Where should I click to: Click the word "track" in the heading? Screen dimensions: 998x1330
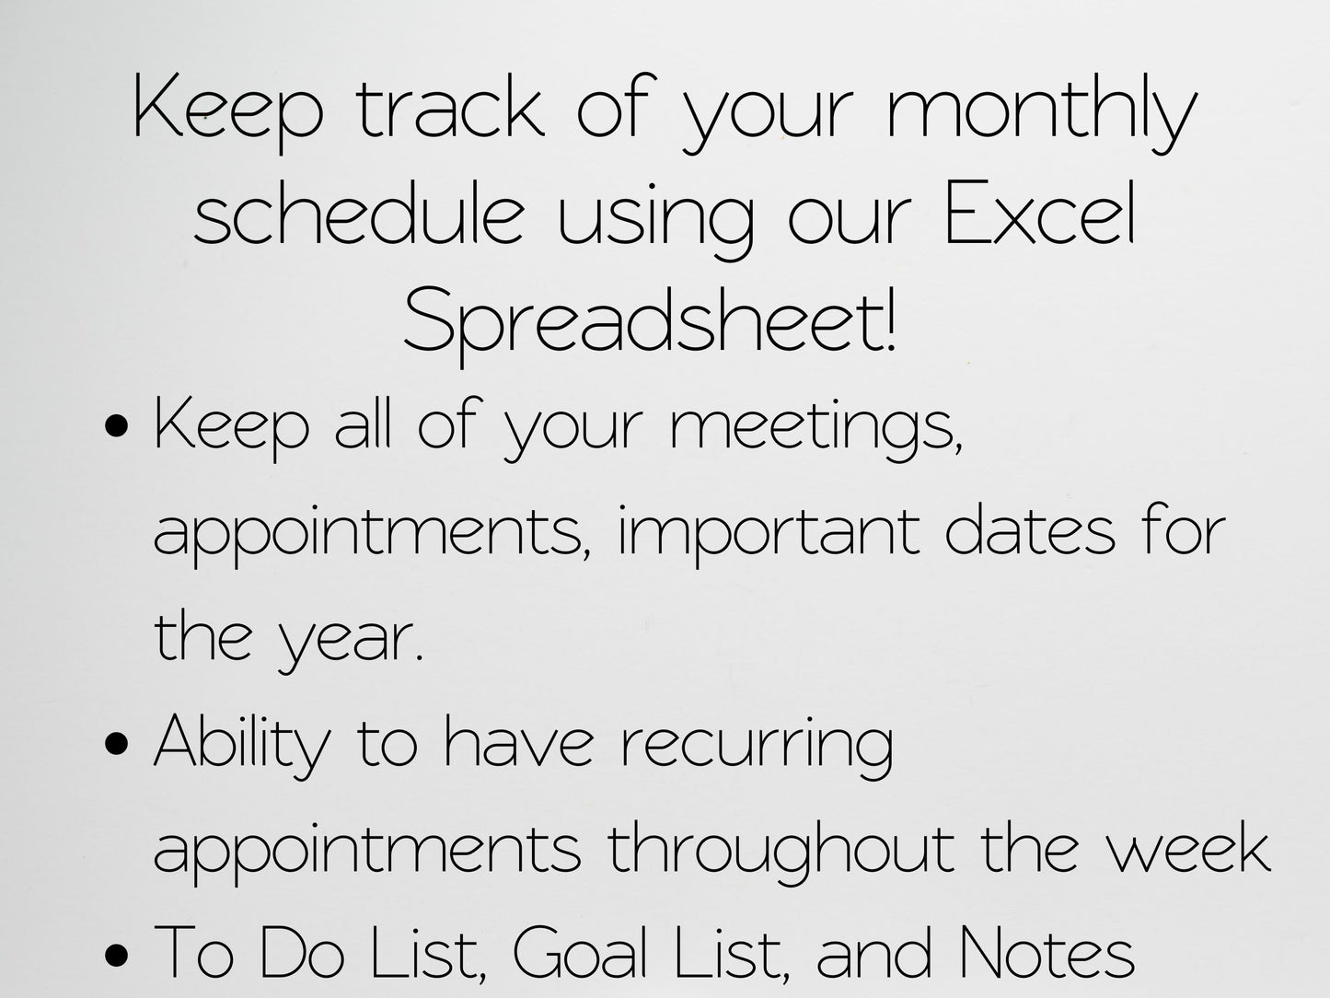coord(450,110)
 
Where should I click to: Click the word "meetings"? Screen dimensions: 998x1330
coord(815,429)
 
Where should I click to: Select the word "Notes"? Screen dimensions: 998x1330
coord(1046,954)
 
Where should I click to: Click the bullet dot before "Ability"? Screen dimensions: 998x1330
coord(116,746)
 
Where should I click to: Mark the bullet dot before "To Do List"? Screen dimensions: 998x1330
coord(116,957)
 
